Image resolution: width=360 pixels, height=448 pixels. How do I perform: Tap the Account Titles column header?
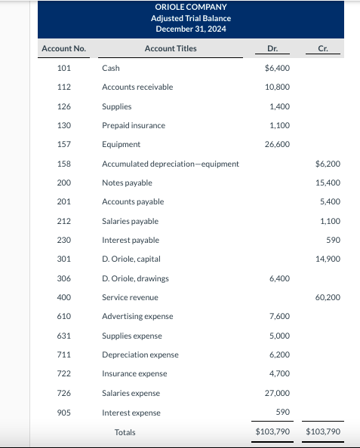tap(171, 49)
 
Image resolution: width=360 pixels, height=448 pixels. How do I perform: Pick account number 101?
tap(63, 68)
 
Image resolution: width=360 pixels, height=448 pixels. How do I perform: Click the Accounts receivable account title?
tap(137, 87)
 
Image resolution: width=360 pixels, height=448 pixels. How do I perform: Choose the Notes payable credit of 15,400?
tap(327, 183)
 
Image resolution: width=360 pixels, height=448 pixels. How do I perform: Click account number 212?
tap(63, 221)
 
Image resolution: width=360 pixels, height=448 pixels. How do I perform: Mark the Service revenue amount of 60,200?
tap(327, 297)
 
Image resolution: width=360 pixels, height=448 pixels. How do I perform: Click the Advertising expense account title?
tap(137, 316)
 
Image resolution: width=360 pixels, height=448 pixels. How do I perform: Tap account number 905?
tap(63, 413)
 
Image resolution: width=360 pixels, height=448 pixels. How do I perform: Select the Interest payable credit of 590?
tap(333, 240)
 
